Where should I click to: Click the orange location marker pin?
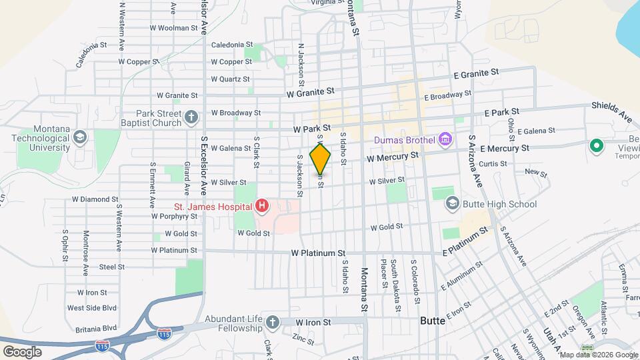(x=321, y=159)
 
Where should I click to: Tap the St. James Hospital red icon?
(x=262, y=207)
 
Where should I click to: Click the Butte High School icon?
(x=453, y=203)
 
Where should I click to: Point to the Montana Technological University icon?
(x=79, y=137)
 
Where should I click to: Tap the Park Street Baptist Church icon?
(x=191, y=118)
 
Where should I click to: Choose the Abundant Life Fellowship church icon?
(x=272, y=323)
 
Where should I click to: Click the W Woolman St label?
(x=173, y=29)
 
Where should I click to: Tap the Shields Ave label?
(x=611, y=112)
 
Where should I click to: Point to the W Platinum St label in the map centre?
(x=318, y=254)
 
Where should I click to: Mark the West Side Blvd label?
(x=92, y=308)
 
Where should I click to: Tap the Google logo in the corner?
(x=22, y=351)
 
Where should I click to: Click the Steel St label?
(x=111, y=267)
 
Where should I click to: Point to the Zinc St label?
(x=303, y=339)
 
